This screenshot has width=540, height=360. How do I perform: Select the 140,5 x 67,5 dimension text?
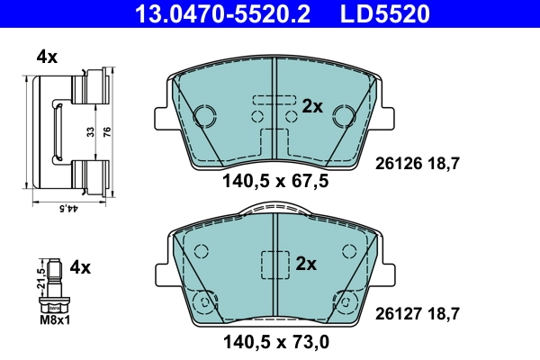pos(274,181)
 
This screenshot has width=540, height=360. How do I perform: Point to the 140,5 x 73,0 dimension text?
pos(274,341)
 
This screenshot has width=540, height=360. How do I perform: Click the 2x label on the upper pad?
pos(311,106)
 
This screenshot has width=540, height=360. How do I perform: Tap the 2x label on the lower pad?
pos(307,264)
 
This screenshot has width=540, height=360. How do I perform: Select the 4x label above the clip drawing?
pos(47,57)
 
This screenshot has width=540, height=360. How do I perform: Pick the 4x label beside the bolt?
pos(81,266)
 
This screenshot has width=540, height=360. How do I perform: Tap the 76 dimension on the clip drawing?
pos(106,131)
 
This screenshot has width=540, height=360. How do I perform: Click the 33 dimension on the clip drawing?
pos(89,131)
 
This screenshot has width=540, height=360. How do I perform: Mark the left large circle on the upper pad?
pos(204,116)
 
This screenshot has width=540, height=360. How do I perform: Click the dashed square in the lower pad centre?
pos(274,265)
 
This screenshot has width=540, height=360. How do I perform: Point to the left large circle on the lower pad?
pos(206,301)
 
